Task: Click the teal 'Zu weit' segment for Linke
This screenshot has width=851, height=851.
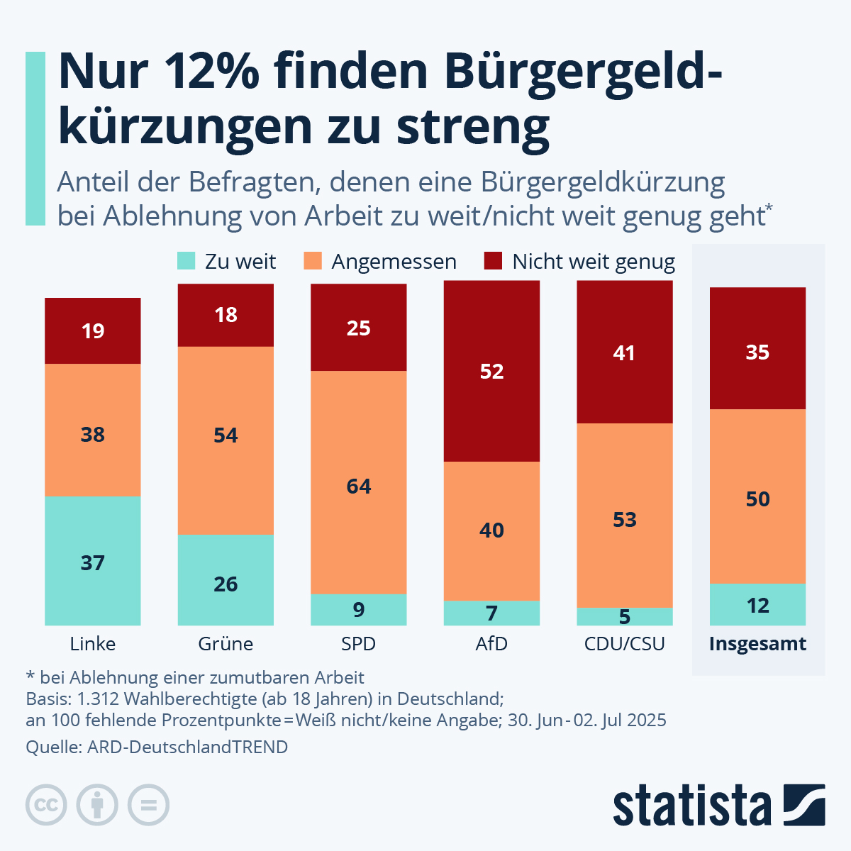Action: point(92,560)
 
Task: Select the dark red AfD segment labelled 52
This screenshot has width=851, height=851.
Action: point(491,371)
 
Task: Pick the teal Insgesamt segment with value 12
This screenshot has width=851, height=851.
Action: point(757,605)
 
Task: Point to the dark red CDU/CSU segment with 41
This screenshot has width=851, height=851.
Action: point(624,352)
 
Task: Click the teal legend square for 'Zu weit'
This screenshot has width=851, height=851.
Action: point(186,261)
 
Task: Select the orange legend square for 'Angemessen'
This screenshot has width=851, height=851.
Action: point(313,261)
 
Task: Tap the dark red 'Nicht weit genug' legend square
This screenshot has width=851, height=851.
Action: point(493,261)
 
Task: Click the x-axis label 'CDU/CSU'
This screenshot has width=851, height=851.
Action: point(624,644)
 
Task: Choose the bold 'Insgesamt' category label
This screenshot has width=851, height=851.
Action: point(757,644)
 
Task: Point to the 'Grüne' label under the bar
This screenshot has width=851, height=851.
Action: point(226,644)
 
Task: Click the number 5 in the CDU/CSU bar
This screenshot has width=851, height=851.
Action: point(624,617)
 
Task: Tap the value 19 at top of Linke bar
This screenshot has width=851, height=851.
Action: point(93,331)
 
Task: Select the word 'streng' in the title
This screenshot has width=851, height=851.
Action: point(473,128)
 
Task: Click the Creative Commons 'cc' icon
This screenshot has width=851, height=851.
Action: point(46,805)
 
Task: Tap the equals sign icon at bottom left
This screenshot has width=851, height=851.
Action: point(148,805)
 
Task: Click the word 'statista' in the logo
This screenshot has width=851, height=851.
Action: point(691,806)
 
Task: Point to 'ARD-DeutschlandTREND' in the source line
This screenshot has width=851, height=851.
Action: point(187,747)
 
